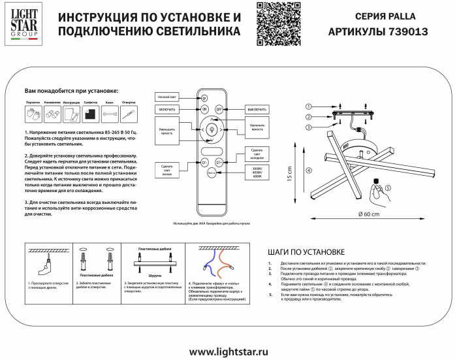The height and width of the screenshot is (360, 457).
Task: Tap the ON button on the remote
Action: coord(204,108)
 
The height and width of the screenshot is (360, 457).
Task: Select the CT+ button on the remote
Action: coord(219,161)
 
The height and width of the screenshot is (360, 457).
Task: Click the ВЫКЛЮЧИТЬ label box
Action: coord(257,108)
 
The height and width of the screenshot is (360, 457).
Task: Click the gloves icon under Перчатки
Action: coord(33,114)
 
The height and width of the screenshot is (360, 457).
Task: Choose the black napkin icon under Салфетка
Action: coord(91,114)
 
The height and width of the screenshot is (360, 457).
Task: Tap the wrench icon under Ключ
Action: coord(110,114)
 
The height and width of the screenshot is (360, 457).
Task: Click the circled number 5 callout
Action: coord(388,188)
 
